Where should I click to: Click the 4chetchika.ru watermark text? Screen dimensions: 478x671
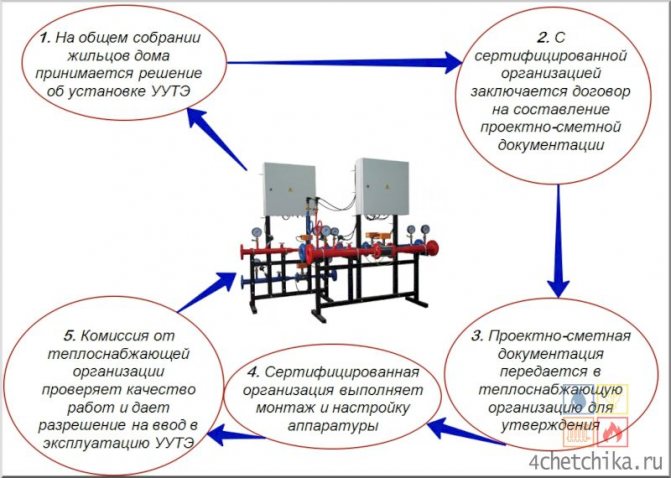pyautogui.click(x=601, y=462)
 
